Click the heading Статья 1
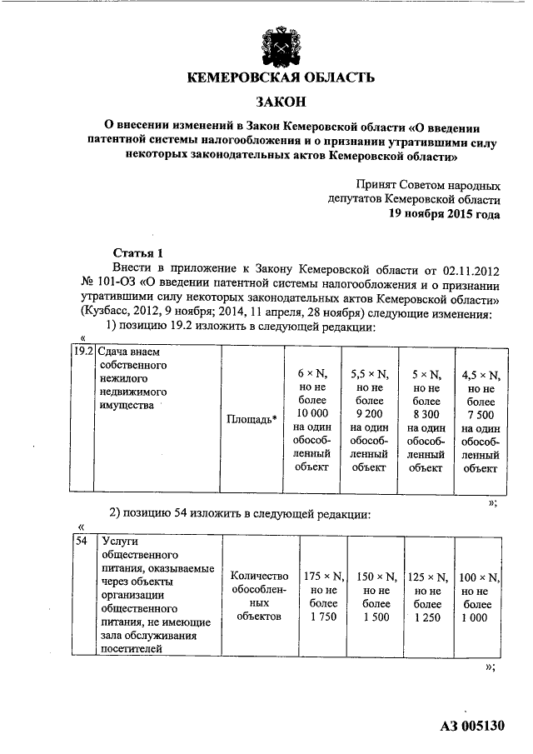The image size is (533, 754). coord(133,252)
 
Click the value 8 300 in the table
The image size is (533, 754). coord(426,414)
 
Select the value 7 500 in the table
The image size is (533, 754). coord(481,414)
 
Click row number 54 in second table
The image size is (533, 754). coord(81,541)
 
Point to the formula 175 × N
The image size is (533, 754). coord(321,577)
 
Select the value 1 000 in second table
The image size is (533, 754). coord(478,617)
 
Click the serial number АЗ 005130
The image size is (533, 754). coord(472,725)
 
